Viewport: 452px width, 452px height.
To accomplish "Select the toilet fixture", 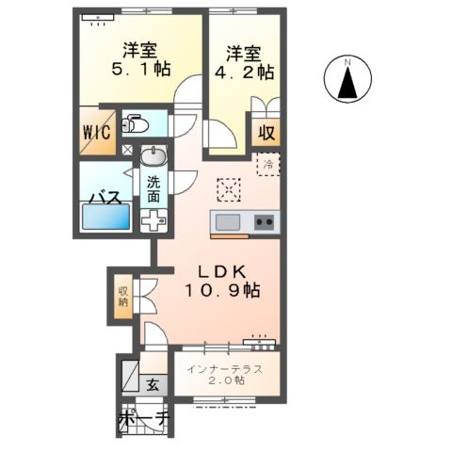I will click(x=137, y=123).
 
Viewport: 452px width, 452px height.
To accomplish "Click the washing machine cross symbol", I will click(x=153, y=222).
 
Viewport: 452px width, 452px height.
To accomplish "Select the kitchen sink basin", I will click(x=230, y=223).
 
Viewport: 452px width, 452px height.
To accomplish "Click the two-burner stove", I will click(x=265, y=223).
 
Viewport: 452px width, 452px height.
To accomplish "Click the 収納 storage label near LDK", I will click(x=123, y=298).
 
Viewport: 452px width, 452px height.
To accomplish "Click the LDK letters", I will click(x=219, y=270).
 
